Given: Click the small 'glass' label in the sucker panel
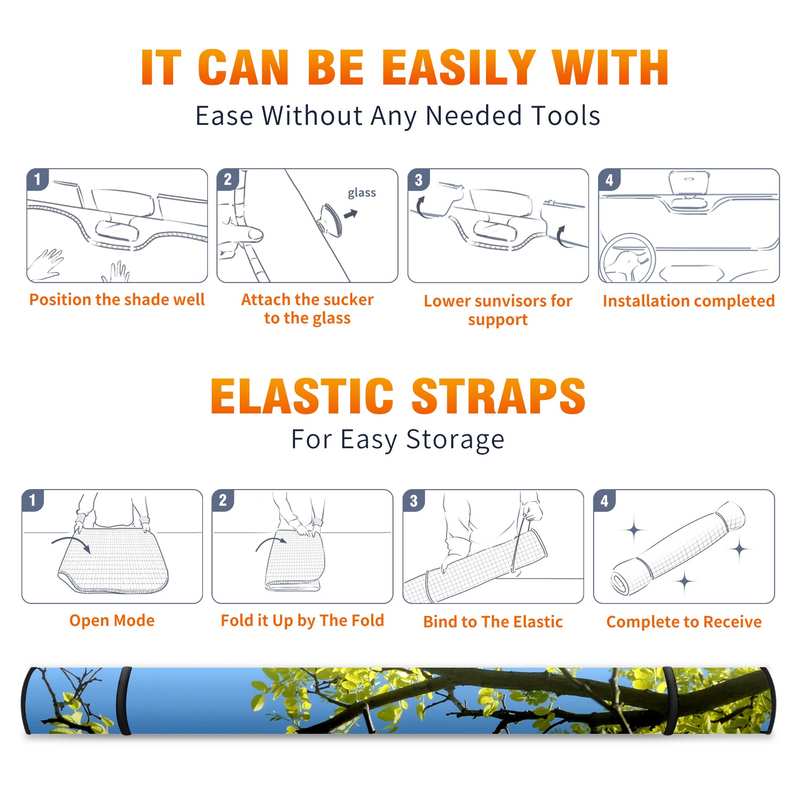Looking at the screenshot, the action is pos(362,193).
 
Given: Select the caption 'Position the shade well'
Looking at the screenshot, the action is pos(117,299).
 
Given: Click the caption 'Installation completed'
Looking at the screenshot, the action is pos(689,300).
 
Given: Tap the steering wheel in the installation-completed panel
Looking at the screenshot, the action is pos(628,259).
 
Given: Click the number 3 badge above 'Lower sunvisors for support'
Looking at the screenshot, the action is pos(418,180).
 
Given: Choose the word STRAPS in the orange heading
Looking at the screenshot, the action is pos(498,396).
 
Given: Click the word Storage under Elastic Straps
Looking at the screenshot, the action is pos(455,440).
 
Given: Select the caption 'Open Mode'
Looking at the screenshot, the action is pos(112,620).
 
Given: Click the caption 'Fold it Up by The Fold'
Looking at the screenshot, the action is pos(302,620).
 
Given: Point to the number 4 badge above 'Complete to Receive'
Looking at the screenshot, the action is pos(604,500).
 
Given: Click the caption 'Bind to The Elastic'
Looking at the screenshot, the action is pos(493,622).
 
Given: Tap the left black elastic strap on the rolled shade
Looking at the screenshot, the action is pos(123,701).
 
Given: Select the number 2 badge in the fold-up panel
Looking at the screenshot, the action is pos(223,500).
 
